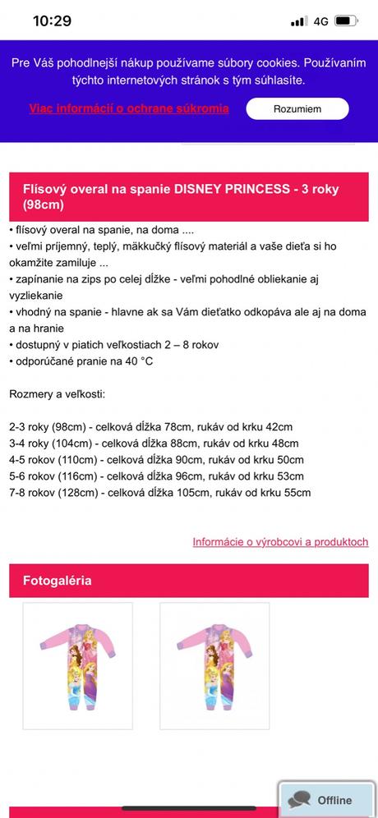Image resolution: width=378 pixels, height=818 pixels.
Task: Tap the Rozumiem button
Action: (x=297, y=108)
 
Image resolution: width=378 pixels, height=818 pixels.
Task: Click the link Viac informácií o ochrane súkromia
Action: (x=128, y=108)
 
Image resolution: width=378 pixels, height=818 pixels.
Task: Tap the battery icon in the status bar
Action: (x=346, y=21)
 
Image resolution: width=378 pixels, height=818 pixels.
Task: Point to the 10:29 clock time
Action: (x=52, y=21)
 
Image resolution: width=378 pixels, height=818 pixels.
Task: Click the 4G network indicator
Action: (x=320, y=21)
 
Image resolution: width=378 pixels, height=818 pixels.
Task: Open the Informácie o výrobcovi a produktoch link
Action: (x=280, y=542)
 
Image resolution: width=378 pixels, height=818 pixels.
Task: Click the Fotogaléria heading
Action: (x=58, y=581)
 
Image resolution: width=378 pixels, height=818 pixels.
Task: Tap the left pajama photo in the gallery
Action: (x=77, y=666)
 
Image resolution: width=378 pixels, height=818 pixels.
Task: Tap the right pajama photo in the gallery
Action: (x=214, y=666)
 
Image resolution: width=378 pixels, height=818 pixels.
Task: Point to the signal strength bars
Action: (x=298, y=21)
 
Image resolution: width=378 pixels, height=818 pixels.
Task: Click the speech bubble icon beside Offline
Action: (x=299, y=799)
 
